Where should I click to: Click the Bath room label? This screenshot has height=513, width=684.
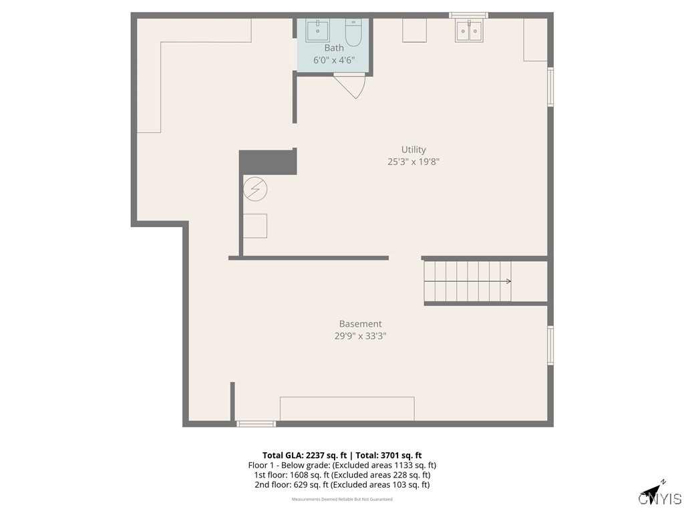334,47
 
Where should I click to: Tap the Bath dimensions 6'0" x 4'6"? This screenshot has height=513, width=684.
334,59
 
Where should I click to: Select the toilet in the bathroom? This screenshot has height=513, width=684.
353,31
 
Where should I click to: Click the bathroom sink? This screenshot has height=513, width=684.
317,31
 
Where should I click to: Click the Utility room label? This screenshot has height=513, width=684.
413,150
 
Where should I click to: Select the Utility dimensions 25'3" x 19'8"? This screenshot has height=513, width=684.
413,162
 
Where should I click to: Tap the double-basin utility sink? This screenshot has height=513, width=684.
469,31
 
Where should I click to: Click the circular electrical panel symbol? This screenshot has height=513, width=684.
254,189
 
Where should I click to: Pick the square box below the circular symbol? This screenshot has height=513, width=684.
254,226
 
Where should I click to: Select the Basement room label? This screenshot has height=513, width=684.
360,324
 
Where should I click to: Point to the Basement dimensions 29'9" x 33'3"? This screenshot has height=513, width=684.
360,337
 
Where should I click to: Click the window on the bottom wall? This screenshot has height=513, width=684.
256,423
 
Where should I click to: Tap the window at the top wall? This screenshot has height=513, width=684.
468,15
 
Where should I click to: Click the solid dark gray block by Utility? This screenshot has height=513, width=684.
267,162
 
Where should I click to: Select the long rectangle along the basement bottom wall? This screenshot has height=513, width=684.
347,409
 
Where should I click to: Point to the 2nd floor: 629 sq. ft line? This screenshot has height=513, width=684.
342,485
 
